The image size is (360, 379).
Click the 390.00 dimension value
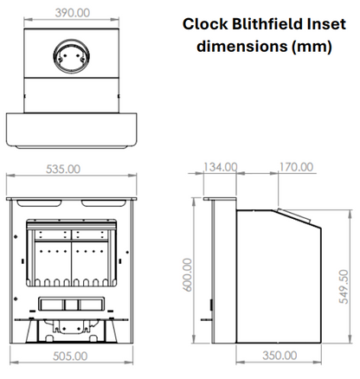[x=73, y=13]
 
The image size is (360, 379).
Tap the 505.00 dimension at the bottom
[x=69, y=355]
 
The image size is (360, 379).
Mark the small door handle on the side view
[x=211, y=305]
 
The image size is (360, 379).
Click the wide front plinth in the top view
[x=73, y=130]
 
